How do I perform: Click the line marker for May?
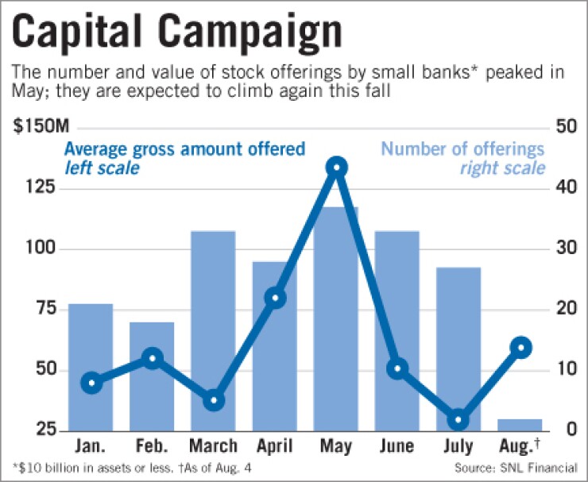[x=336, y=168]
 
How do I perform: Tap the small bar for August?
[x=520, y=424]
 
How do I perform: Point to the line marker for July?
[x=459, y=420]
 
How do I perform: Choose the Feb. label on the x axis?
[x=152, y=446]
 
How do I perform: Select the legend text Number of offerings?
[x=462, y=148]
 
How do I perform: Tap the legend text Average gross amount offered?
[x=184, y=148]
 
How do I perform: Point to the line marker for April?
[x=275, y=299]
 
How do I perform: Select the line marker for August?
[x=520, y=348]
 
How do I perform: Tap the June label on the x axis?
[x=397, y=446]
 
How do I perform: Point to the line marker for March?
[x=213, y=401]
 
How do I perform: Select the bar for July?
[x=459, y=349]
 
